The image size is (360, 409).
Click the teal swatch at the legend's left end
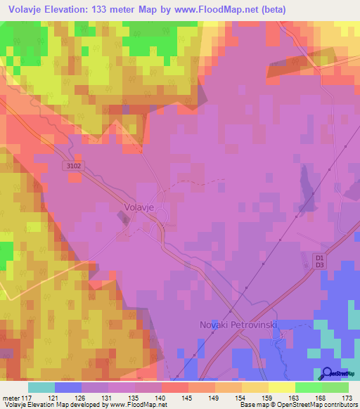pyautogui.click(x=41, y=387)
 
